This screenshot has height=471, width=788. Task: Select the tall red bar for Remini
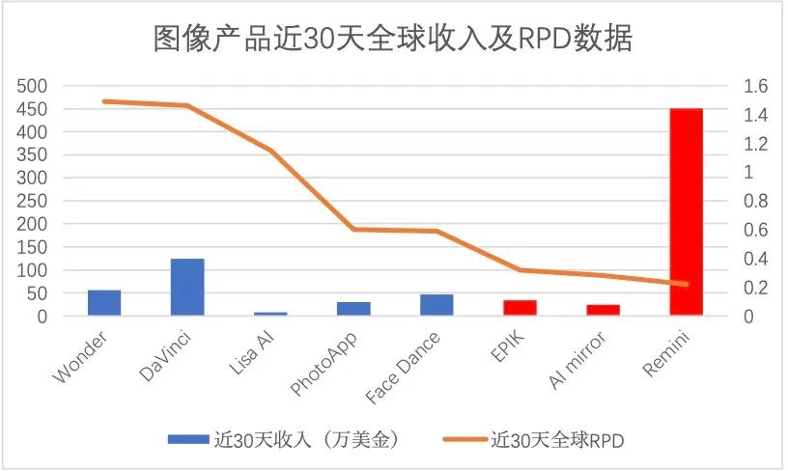pos(686,211)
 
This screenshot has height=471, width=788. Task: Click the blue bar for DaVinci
pos(187,287)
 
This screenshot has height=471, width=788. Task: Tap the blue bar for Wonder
pos(104,302)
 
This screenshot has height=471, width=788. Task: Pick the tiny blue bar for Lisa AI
pos(270,313)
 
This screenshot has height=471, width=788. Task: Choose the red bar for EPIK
pos(520,307)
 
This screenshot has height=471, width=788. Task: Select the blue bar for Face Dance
pos(436,305)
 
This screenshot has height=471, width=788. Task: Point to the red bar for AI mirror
pos(603,310)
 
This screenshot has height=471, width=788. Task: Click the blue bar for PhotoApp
pos(353,309)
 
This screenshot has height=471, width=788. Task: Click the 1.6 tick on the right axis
pos(755,86)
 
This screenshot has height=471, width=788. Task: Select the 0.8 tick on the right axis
pos(755,201)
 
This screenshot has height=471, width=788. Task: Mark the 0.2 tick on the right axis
pos(755,288)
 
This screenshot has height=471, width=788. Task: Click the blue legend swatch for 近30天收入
pos(188,439)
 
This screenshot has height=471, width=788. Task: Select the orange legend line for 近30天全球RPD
pos(464,439)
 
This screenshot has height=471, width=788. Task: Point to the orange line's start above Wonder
pos(104,101)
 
